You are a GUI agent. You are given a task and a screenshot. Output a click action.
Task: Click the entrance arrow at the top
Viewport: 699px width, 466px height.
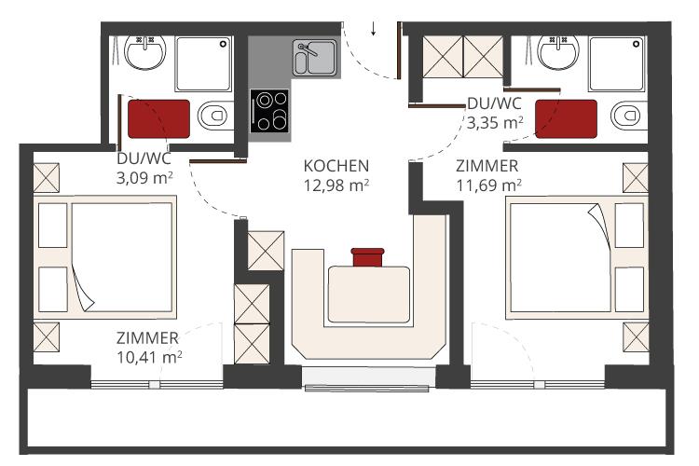click(373, 28)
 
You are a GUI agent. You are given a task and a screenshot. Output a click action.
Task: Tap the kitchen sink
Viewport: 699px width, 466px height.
click(315, 58)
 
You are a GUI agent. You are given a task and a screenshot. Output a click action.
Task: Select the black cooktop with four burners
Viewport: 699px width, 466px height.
click(269, 111)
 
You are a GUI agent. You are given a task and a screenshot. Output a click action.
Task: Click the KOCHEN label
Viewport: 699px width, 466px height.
click(336, 166)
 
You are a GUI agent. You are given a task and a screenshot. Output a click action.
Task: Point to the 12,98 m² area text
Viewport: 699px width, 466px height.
click(336, 185)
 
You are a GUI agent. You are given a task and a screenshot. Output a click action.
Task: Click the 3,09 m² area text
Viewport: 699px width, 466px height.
click(144, 177)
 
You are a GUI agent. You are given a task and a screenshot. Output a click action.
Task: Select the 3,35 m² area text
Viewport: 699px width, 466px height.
click(495, 122)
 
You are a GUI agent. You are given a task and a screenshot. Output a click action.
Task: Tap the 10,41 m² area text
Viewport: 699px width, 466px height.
click(149, 357)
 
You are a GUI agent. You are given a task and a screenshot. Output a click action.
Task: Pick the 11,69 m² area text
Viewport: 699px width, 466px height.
click(488, 185)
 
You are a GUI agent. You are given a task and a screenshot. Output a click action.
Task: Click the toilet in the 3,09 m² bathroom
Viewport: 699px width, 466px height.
click(215, 116)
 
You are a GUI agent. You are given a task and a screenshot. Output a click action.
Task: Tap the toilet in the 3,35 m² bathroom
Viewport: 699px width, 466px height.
click(629, 116)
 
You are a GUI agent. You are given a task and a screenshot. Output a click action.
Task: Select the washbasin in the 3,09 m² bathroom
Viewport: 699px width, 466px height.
click(144, 52)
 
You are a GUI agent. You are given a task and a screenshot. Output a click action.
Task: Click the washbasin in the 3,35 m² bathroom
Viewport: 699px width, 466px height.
click(558, 52)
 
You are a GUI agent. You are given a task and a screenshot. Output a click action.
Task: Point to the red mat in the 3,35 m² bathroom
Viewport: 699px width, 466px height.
click(566, 119)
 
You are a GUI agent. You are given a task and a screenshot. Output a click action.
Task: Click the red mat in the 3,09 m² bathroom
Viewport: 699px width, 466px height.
click(158, 119)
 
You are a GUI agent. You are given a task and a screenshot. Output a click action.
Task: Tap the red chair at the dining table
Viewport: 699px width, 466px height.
click(367, 257)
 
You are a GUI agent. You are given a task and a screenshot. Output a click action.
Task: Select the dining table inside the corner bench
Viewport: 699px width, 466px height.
click(369, 295)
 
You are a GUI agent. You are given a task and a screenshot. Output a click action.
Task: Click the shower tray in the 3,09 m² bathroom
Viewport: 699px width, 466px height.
click(204, 64)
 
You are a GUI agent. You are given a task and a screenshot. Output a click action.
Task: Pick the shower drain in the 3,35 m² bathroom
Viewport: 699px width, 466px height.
click(637, 44)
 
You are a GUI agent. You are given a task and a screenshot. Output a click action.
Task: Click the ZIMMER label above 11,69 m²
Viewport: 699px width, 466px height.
click(487, 166)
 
